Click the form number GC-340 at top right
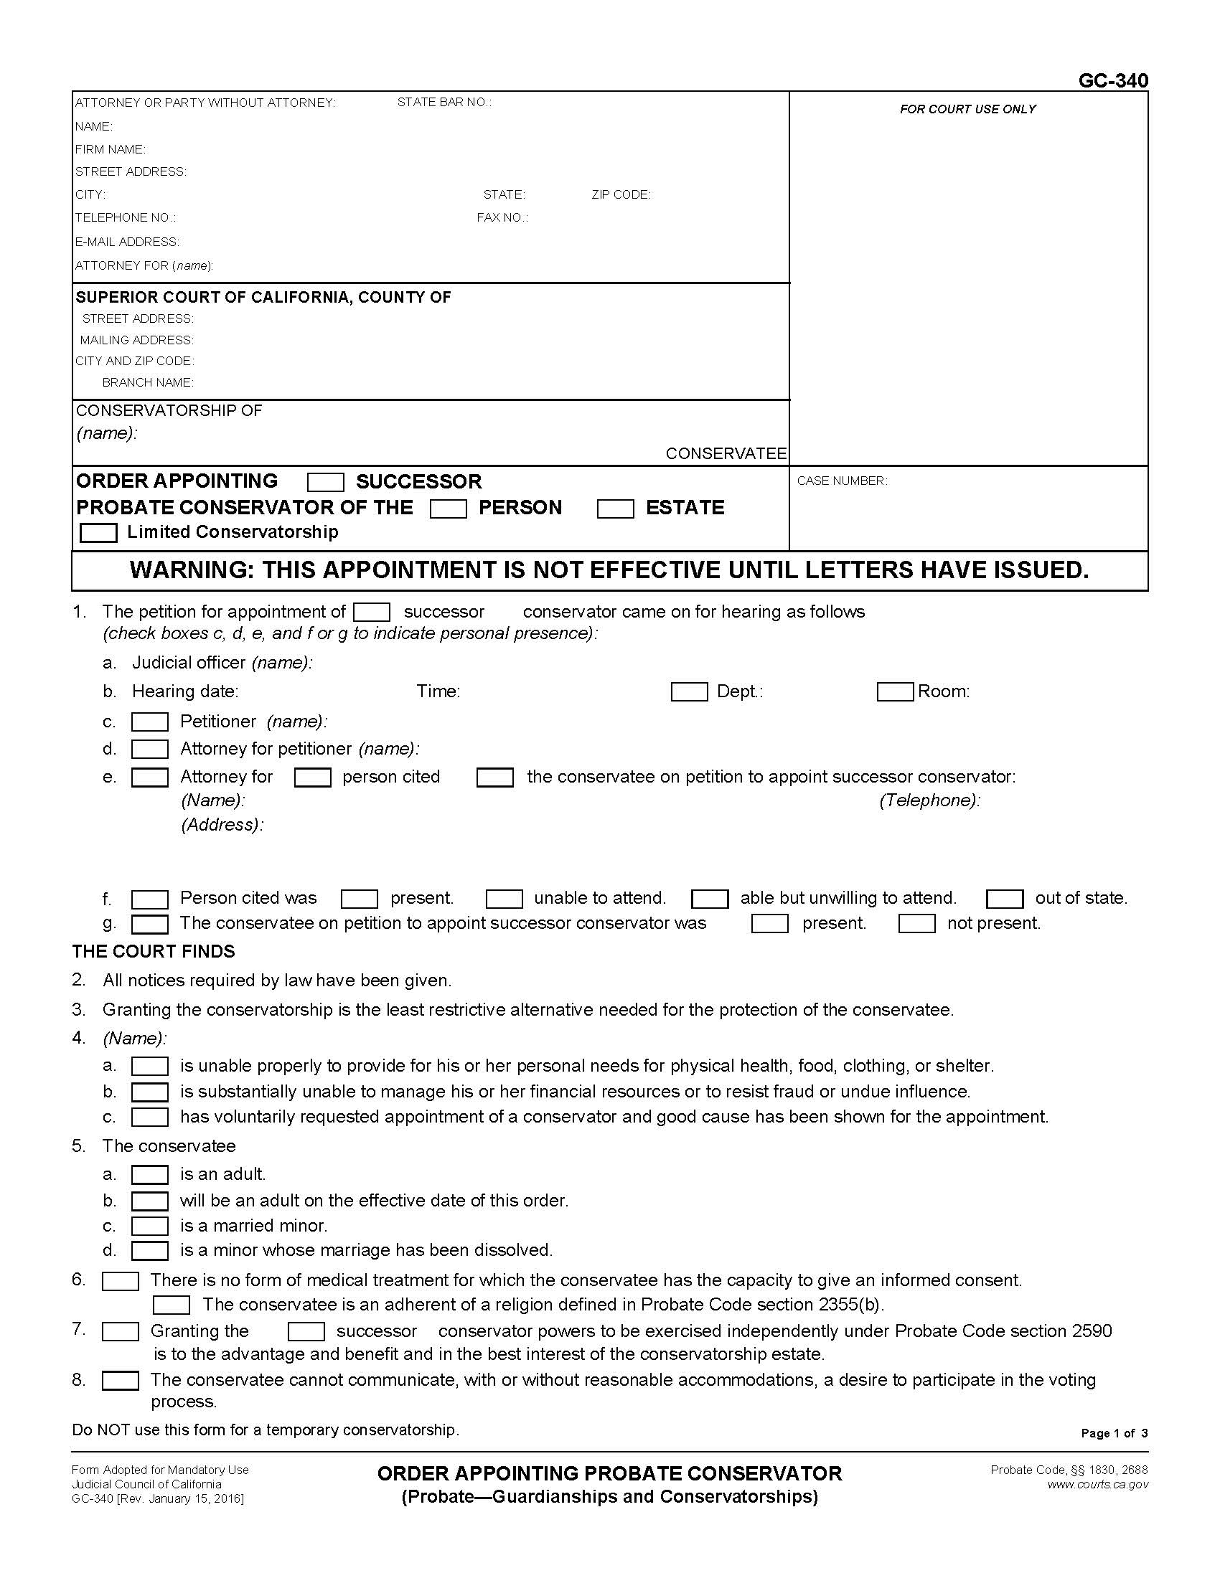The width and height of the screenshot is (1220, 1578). (1112, 80)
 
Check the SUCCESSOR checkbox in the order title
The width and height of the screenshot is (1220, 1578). (325, 482)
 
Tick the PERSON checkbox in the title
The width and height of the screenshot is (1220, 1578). (448, 509)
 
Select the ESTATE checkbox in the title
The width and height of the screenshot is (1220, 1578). (615, 509)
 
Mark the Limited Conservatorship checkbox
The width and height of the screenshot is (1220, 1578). (98, 533)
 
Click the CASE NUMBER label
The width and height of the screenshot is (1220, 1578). (842, 481)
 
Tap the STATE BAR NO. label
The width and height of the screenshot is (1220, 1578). (444, 103)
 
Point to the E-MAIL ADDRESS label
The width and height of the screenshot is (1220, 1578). (127, 242)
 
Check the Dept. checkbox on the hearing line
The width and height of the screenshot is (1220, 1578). (689, 692)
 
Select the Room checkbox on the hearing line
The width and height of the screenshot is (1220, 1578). (895, 692)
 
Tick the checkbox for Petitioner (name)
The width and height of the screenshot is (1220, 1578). (149, 722)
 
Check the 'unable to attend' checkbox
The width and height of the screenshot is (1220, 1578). (504, 899)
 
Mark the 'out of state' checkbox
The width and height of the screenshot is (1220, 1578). (1005, 899)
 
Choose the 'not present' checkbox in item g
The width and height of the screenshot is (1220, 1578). (916, 924)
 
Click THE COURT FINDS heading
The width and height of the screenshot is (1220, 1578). (154, 952)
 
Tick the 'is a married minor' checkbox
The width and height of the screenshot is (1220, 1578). (149, 1226)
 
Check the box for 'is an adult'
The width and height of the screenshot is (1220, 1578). (149, 1175)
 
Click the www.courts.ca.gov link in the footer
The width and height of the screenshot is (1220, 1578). (1097, 1485)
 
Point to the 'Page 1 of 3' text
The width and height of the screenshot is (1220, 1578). (1114, 1434)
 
